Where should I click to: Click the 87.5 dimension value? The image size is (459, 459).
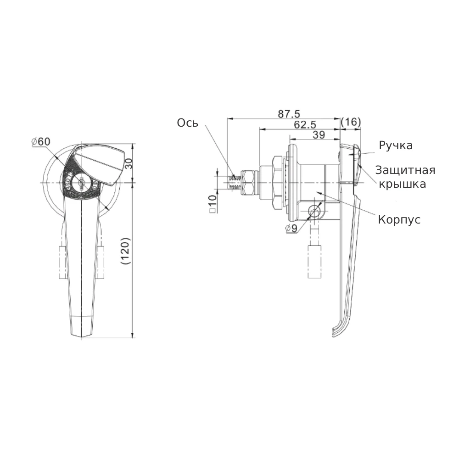coord(289,114)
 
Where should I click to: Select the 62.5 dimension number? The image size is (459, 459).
coord(305,125)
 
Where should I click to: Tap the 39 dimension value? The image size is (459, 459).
coord(319,135)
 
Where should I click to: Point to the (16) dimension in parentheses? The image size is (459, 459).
coord(351,122)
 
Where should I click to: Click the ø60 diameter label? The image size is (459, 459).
coord(41,142)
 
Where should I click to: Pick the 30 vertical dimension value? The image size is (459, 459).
coord(129,164)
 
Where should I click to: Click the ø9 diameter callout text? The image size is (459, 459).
coord(291,228)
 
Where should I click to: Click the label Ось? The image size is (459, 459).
coord(188,123)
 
